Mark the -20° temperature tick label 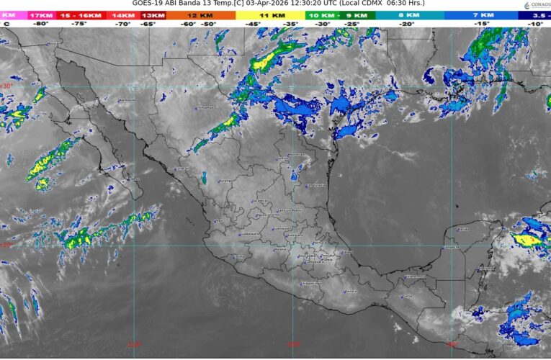click(408, 24)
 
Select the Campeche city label click(451, 247)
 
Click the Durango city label click(226, 181)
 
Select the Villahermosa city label click(416, 276)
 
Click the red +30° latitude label click(6, 86)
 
